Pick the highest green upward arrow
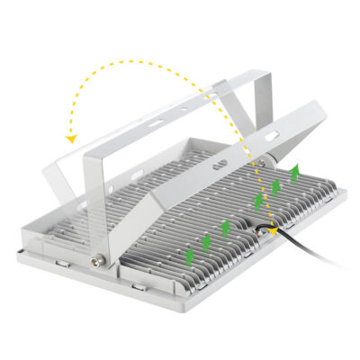(293, 172)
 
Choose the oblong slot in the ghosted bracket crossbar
(154, 119)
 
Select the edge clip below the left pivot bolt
(134, 285)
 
